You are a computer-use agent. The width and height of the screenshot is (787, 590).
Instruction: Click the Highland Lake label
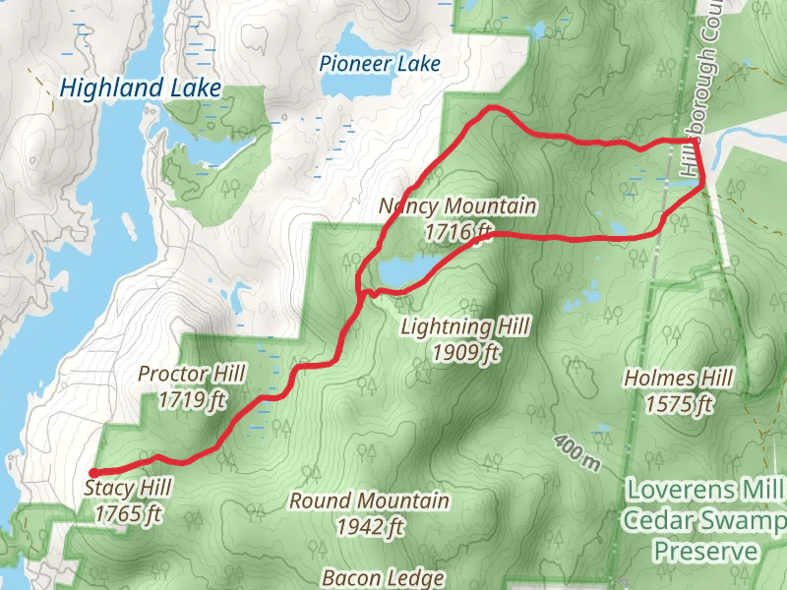tap(140, 88)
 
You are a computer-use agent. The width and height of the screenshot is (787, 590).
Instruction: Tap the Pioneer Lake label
tap(380, 64)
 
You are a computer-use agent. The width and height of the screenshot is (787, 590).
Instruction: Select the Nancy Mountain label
tap(458, 206)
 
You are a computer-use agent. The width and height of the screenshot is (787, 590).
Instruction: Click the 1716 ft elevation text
tap(458, 232)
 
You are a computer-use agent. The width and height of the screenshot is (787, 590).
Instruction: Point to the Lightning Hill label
tap(465, 326)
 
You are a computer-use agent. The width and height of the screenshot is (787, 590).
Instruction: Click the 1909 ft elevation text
tap(465, 352)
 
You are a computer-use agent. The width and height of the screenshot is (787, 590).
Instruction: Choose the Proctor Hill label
tap(192, 375)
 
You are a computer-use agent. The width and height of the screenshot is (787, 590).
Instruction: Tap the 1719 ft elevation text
tap(192, 400)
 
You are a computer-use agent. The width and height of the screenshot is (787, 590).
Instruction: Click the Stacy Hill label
tap(128, 488)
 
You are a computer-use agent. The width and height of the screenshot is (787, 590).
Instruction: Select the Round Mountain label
tap(369, 501)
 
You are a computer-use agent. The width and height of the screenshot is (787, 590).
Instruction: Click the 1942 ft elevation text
tap(369, 527)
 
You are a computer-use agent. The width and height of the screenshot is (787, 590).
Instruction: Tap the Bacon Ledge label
tap(384, 578)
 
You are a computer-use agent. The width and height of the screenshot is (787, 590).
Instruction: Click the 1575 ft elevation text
tap(679, 403)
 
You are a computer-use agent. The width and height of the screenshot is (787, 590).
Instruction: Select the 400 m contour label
tap(575, 454)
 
